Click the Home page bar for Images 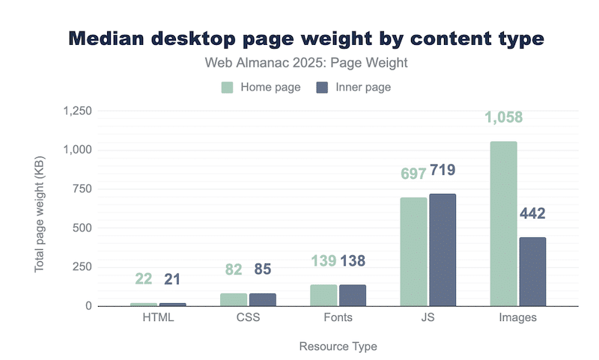503,224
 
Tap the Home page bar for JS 413,251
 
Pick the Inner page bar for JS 443,250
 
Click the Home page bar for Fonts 323,296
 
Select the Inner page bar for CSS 263,299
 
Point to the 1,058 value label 503,118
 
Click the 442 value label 532,214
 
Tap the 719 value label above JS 443,171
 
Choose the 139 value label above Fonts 323,261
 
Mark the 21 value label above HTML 173,279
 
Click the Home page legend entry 261,88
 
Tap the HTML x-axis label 158,317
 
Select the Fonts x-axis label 338,317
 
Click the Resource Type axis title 338,347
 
